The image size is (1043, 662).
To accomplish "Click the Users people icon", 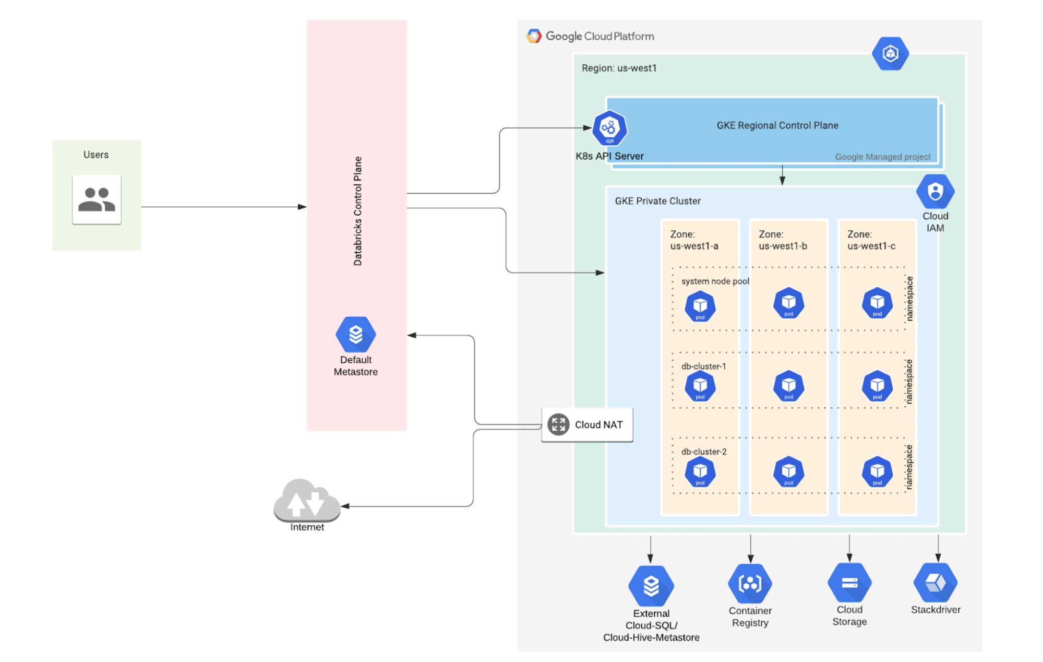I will click(x=97, y=199).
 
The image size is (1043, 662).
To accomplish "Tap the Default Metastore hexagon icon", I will click(x=355, y=334).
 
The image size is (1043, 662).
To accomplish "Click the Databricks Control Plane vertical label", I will click(x=357, y=211).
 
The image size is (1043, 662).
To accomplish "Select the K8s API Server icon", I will click(x=609, y=128).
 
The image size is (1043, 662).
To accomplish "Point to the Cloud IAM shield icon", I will click(x=935, y=191).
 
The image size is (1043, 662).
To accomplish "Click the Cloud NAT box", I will click(x=587, y=424).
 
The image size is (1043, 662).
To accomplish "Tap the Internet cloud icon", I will click(x=306, y=501).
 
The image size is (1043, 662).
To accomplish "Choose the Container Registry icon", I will click(x=750, y=583).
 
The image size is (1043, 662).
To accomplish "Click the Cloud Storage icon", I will click(x=849, y=582).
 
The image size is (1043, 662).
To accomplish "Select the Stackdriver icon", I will click(x=935, y=582).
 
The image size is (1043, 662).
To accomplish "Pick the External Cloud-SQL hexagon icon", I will click(x=651, y=585).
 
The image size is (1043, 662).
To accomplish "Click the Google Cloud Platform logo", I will click(x=534, y=36).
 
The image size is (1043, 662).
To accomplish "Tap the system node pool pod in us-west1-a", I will click(x=700, y=306).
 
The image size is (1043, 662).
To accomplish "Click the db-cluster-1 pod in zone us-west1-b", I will click(x=788, y=386).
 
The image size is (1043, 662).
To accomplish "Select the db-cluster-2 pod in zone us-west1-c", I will click(x=877, y=472).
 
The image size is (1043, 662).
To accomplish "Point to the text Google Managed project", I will click(x=882, y=157).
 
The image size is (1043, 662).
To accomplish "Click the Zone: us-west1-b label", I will click(x=783, y=240).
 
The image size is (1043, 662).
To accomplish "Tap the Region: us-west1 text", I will click(x=619, y=68).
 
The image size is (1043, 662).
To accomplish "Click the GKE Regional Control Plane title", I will click(x=777, y=125).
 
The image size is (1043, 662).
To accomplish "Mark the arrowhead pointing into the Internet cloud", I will click(x=345, y=506).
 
